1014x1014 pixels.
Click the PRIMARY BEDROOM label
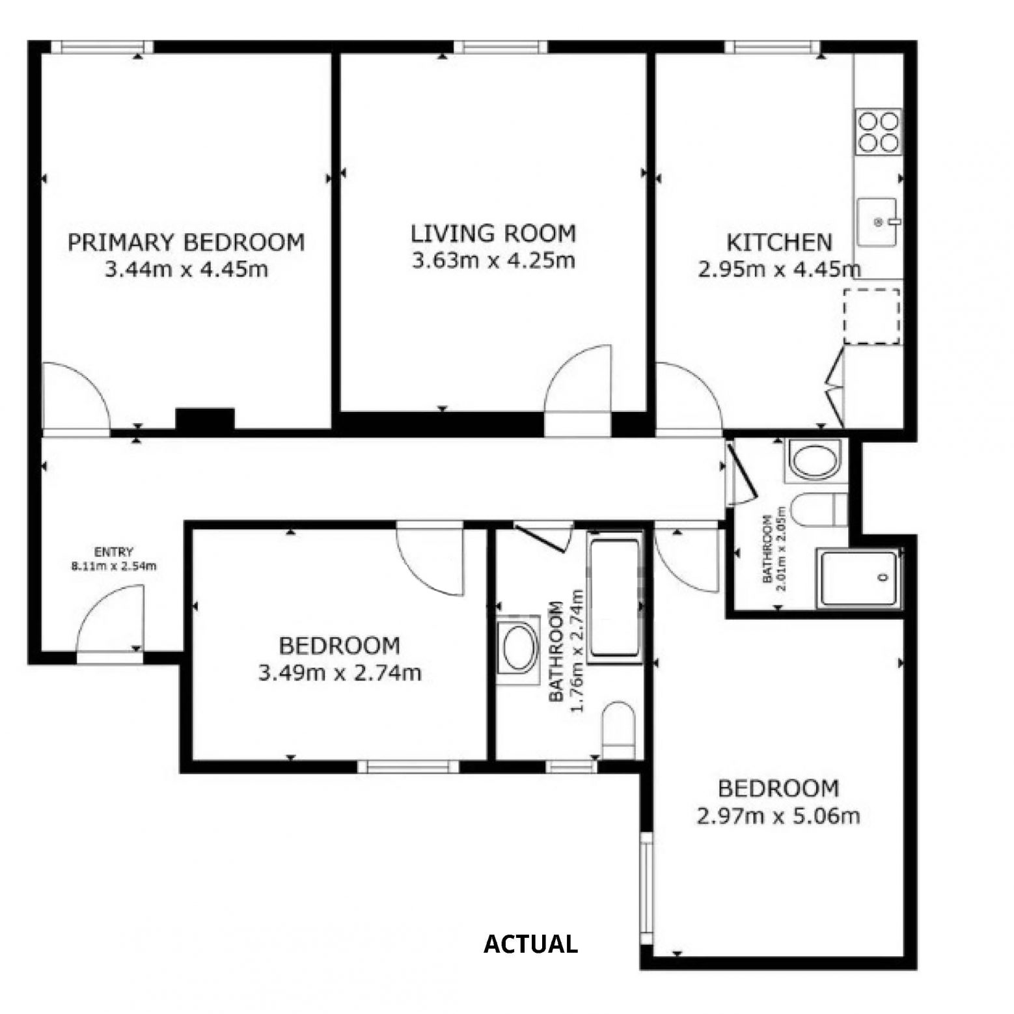(x=186, y=242)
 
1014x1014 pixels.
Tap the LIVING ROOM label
(x=493, y=233)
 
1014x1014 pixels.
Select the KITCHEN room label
(x=779, y=242)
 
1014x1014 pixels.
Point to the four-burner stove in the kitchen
(x=879, y=131)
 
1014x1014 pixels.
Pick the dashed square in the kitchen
(x=872, y=317)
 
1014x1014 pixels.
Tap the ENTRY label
(x=114, y=552)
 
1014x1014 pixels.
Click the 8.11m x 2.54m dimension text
(x=114, y=566)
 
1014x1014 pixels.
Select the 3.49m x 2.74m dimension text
(x=340, y=672)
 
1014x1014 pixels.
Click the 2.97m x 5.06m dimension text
(x=778, y=815)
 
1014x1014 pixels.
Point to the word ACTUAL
(x=530, y=944)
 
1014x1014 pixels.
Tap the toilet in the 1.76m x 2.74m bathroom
(x=618, y=730)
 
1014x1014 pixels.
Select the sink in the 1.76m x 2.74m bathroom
(x=517, y=650)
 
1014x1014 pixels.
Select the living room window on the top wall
(x=500, y=46)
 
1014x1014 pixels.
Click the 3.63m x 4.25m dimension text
(x=493, y=260)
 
